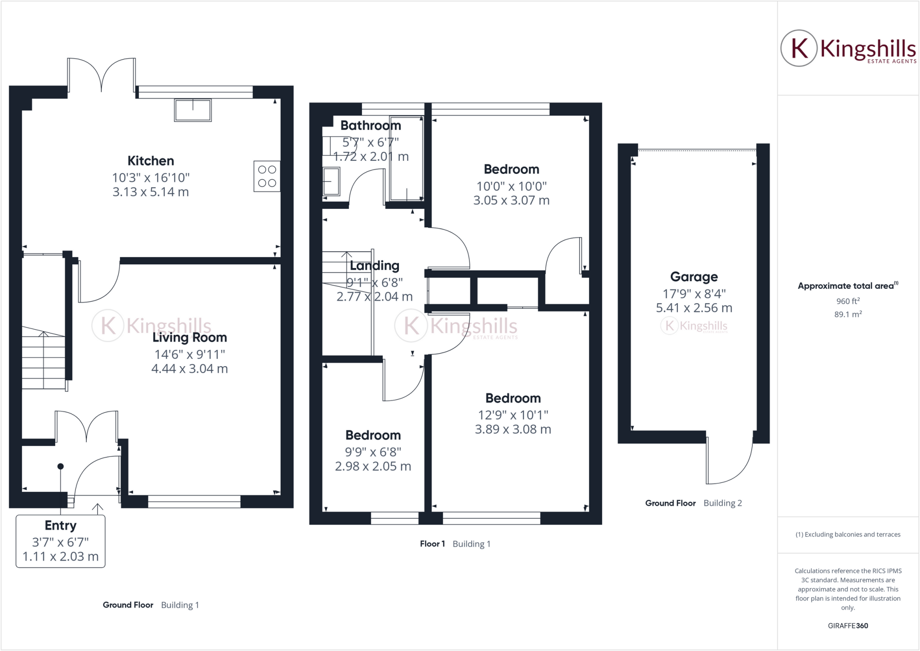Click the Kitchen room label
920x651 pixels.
[150, 161]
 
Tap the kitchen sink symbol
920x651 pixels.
[193, 110]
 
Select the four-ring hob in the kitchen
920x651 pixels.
[267, 176]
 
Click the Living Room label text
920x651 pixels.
[190, 338]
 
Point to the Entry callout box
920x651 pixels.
[61, 541]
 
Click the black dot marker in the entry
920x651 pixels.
[61, 466]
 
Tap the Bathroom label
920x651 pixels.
[371, 126]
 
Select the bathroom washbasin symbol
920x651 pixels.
[331, 181]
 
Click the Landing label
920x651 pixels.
[374, 266]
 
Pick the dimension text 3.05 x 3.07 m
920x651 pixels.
[511, 200]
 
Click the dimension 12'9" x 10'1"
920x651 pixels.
[513, 415]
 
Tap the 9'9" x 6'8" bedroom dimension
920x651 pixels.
[373, 452]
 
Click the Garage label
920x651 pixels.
[694, 277]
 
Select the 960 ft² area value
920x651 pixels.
[848, 301]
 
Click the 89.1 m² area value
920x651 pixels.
[848, 314]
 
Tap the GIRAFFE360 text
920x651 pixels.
[848, 625]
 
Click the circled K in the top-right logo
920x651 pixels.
[799, 48]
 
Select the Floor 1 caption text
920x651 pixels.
[432, 544]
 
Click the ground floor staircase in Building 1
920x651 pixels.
[44, 359]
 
